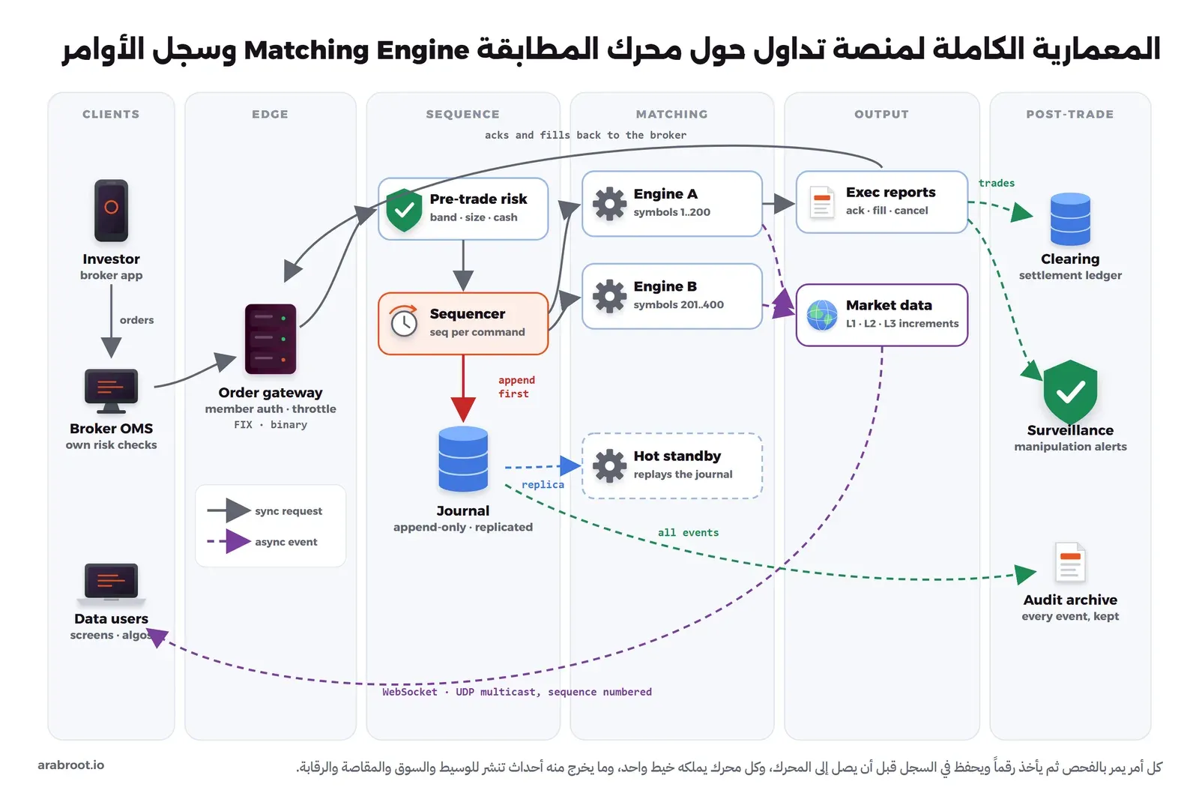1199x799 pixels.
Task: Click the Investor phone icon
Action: coord(112,211)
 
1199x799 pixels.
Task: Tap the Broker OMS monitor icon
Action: coord(112,391)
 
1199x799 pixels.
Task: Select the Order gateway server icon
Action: coord(271,339)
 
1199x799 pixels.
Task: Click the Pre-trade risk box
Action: coord(463,209)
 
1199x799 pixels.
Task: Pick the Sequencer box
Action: coord(463,324)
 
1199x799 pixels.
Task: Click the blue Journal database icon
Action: coord(463,459)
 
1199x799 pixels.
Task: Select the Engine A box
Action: coord(671,204)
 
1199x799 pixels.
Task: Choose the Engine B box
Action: coord(671,296)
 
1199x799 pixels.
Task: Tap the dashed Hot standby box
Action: coord(671,466)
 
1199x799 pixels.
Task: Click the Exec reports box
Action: coord(881,202)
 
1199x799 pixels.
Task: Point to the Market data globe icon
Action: coord(821,315)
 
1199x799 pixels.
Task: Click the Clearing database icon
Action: coord(1070,219)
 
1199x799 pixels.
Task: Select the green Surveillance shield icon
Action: coord(1070,391)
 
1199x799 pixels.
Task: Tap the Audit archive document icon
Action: coord(1070,562)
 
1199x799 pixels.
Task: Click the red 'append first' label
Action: coord(516,387)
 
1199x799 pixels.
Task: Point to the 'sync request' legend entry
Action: coord(265,511)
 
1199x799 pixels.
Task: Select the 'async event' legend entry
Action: coord(262,541)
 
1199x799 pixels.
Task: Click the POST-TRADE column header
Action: coord(1069,114)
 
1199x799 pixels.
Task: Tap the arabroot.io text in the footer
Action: coord(70,765)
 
